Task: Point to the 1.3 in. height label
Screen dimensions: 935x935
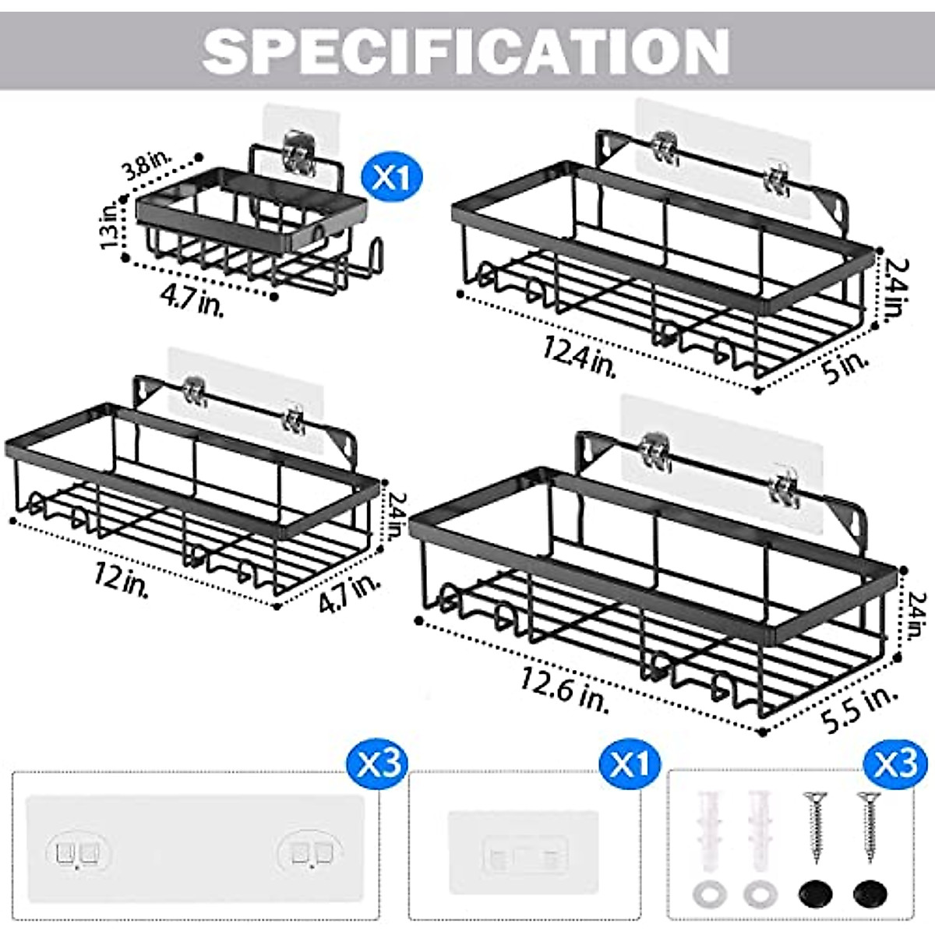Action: [111, 224]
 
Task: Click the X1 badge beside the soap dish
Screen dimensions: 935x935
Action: [390, 176]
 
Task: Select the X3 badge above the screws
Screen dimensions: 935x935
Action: [896, 760]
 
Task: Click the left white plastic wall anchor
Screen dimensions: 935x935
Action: [711, 829]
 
